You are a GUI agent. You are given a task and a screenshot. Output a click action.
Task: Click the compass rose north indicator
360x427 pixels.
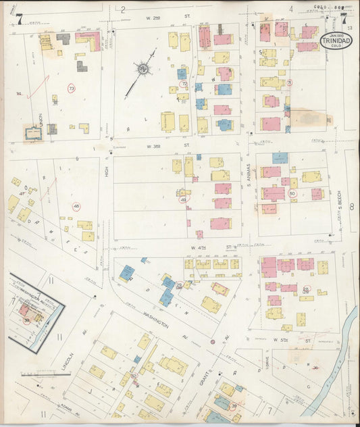pyautogui.click(x=143, y=68)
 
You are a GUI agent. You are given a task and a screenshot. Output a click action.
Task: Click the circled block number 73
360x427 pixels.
pyautogui.click(x=72, y=88)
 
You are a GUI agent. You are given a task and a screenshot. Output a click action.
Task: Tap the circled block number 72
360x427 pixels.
pyautogui.click(x=184, y=84)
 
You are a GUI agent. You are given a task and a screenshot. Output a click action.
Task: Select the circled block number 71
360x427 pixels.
pyautogui.click(x=289, y=82)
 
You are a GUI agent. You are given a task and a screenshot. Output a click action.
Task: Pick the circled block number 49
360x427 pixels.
pyautogui.click(x=182, y=199)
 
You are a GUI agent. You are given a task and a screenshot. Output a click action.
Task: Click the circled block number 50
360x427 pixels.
pyautogui.click(x=292, y=193)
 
